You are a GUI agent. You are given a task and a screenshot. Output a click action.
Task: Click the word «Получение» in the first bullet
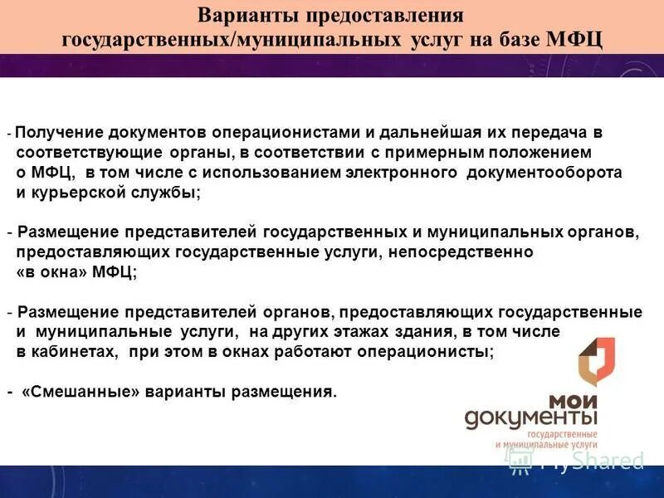click(x=54, y=133)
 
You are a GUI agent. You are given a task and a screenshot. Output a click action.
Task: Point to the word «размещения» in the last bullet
click(x=287, y=392)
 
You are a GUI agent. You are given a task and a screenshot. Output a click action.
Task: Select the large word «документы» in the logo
click(x=531, y=417)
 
